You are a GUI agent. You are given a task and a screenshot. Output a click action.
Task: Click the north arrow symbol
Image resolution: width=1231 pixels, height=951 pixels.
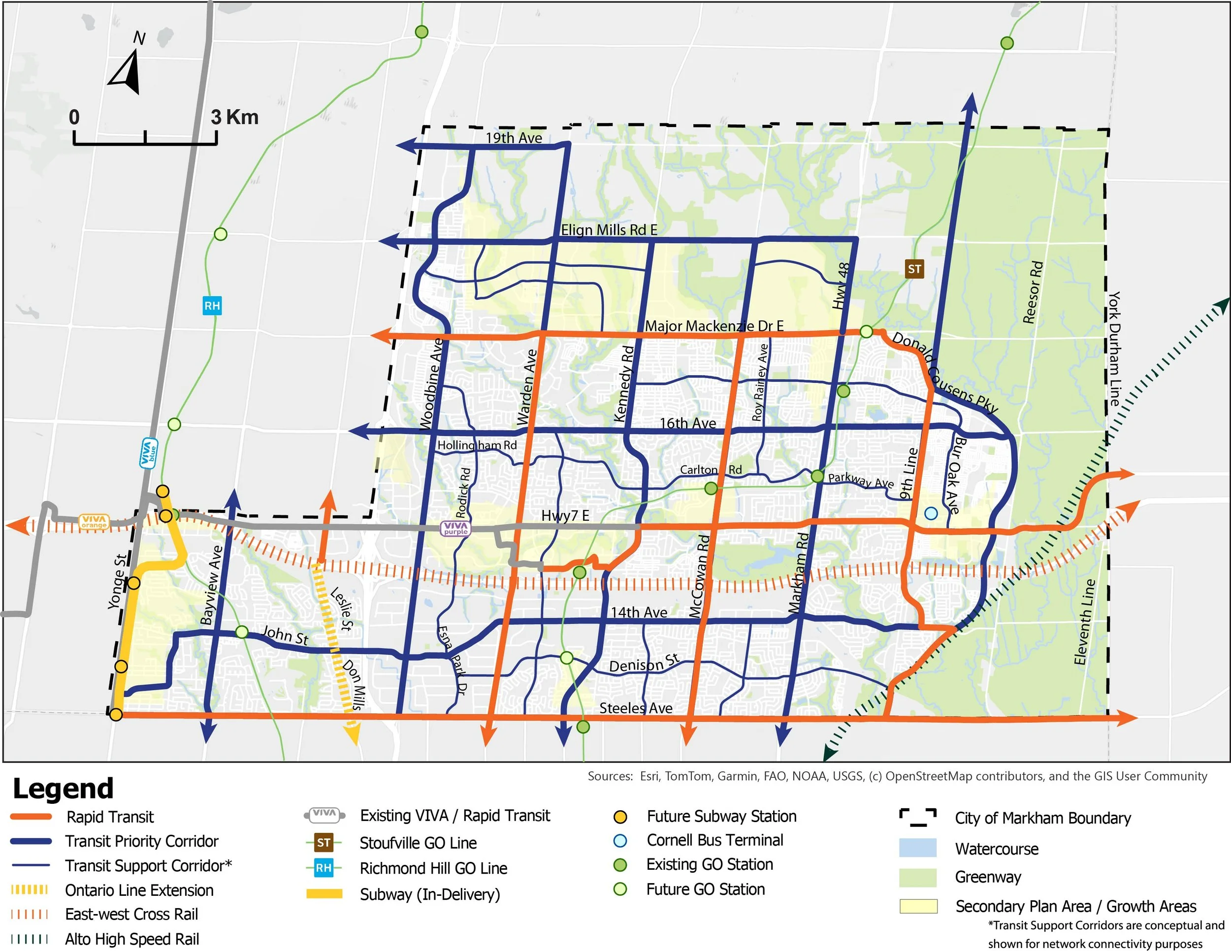tap(126, 73)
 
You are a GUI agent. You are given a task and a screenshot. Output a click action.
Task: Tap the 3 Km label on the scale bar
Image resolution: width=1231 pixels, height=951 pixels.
tap(234, 117)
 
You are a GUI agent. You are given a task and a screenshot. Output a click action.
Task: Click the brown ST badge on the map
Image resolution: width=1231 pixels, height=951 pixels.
tap(914, 269)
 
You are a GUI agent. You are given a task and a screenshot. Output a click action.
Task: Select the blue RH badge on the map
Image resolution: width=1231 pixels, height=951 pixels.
tap(212, 306)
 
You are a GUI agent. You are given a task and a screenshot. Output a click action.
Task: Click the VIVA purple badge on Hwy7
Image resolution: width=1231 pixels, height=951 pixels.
tap(455, 528)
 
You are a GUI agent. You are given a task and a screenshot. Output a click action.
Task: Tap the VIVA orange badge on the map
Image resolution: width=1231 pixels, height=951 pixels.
tap(94, 522)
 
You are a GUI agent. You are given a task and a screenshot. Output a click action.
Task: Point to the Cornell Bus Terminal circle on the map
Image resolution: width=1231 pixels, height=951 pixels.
tap(931, 513)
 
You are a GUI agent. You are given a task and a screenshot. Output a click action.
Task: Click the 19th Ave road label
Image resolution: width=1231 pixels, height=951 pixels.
tap(514, 138)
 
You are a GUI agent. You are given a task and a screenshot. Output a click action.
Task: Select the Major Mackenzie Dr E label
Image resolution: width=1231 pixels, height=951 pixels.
tap(714, 326)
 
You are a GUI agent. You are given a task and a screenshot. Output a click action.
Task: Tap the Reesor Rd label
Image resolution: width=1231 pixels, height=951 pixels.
tap(1033, 292)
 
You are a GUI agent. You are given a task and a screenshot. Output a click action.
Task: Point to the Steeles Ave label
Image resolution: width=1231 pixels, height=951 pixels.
tap(636, 708)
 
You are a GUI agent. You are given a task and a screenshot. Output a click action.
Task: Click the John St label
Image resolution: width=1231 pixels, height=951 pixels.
tap(286, 635)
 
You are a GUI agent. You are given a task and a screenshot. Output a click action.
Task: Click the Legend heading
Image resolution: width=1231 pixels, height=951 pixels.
tap(63, 788)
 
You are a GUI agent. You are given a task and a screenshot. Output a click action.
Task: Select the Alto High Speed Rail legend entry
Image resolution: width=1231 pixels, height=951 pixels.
tap(132, 939)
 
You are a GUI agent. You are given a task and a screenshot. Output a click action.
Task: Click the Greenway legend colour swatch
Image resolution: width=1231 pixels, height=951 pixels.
tap(918, 877)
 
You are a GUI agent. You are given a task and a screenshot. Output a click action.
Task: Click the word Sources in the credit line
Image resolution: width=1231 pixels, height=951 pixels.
tap(610, 776)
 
